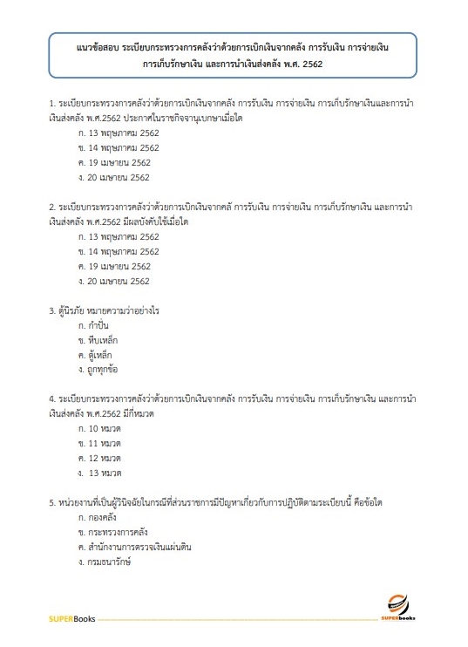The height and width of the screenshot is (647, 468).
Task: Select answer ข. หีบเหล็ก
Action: pos(98,340)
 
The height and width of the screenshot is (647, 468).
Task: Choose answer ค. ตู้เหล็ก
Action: pos(96,355)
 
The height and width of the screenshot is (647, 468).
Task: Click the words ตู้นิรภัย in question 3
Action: pos(71,310)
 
